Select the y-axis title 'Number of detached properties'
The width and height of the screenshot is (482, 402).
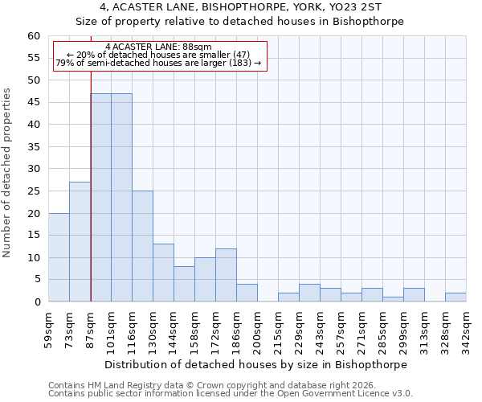click(x=8, y=173)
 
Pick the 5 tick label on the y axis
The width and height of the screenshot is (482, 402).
click(x=36, y=280)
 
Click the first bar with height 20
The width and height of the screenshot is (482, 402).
click(x=59, y=257)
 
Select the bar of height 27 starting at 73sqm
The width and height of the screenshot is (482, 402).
click(x=80, y=242)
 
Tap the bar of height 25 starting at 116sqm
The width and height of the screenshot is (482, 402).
click(x=142, y=246)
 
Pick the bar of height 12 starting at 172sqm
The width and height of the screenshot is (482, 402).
click(x=226, y=275)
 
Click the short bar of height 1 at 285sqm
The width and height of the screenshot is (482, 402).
click(x=393, y=299)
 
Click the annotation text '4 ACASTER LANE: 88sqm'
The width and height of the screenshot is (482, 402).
click(x=158, y=47)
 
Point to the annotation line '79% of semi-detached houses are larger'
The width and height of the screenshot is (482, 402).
click(x=158, y=63)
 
